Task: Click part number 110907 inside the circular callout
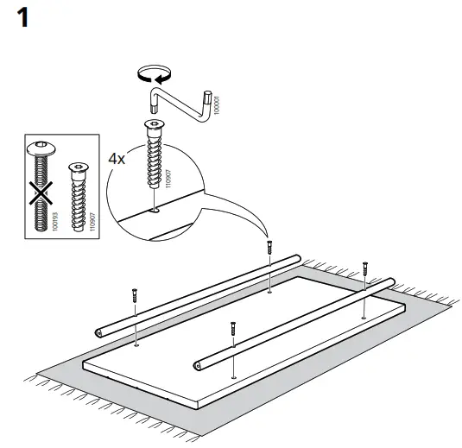click(x=168, y=178)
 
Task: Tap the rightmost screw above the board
click(x=366, y=268)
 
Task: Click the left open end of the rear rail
click(x=99, y=330)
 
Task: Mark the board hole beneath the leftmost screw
click(x=136, y=343)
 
